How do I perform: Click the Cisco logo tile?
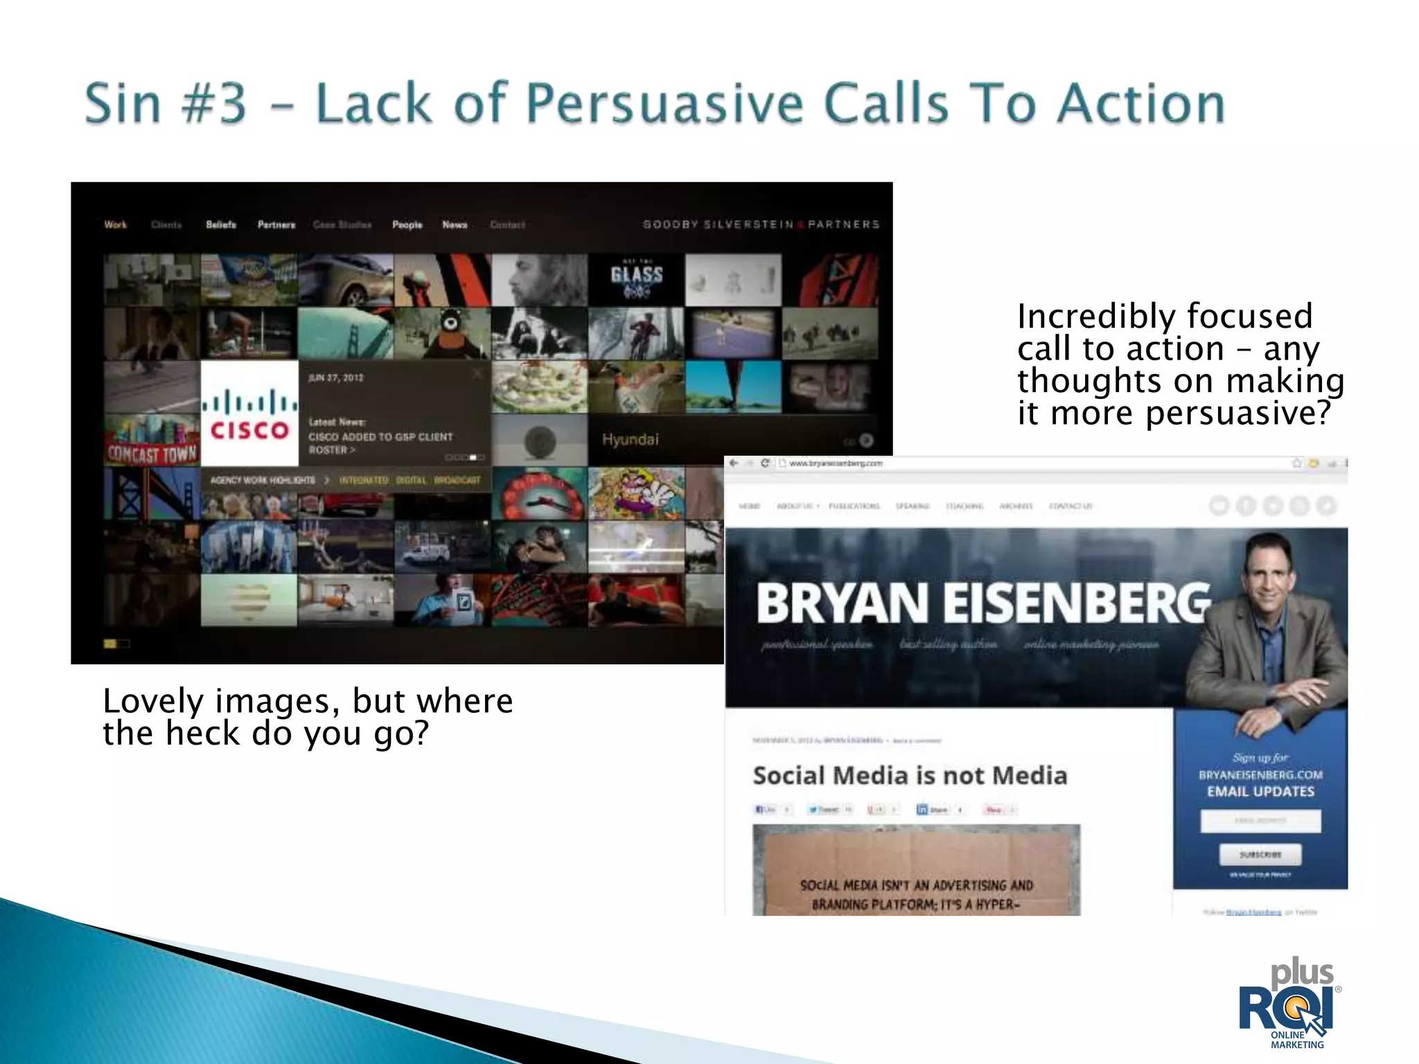click(x=249, y=414)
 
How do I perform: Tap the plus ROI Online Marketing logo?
click(x=1289, y=1005)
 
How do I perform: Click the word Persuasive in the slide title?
click(x=664, y=104)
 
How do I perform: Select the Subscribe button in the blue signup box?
click(x=1260, y=855)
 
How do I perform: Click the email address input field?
click(x=1260, y=821)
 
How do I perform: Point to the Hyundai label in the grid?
click(x=630, y=440)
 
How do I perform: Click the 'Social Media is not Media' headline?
click(x=910, y=776)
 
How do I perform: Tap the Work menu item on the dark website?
click(x=116, y=224)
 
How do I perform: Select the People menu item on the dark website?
click(x=407, y=224)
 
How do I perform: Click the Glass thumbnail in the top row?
click(x=636, y=279)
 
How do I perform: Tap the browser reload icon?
click(x=765, y=463)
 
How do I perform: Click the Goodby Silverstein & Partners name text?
click(x=761, y=224)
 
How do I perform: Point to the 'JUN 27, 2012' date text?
click(x=336, y=378)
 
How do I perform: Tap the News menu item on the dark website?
click(x=455, y=224)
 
